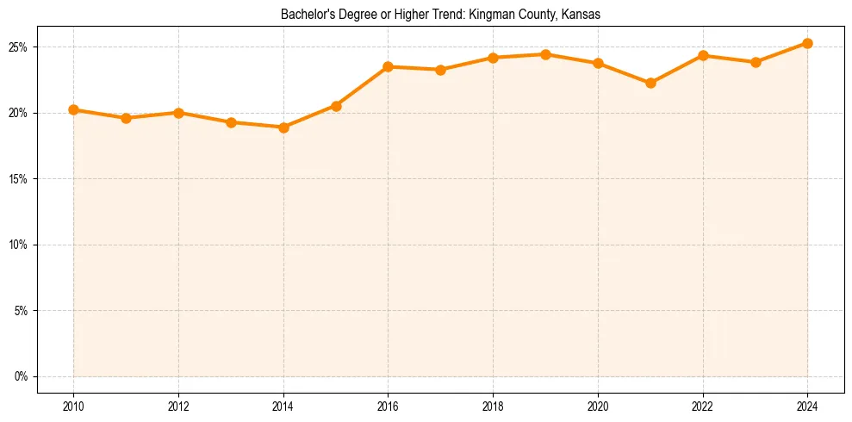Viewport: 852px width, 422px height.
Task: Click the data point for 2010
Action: click(73, 110)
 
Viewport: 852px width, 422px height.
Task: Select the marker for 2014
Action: click(283, 127)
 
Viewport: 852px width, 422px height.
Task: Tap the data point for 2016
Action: click(388, 66)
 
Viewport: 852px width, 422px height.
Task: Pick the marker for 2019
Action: click(545, 54)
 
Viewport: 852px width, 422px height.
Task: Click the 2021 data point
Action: click(650, 83)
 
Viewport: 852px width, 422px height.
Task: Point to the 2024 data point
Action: click(807, 43)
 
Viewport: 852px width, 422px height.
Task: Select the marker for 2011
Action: click(126, 118)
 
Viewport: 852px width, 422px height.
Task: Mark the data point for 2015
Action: click(336, 106)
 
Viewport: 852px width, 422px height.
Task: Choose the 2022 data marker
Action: click(703, 55)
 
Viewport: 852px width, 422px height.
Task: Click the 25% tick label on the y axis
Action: click(20, 47)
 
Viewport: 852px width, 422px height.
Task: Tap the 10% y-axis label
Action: click(20, 245)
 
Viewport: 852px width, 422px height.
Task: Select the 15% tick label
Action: click(20, 179)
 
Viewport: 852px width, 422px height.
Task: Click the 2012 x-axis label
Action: click(178, 406)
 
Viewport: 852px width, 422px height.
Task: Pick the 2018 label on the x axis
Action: click(493, 406)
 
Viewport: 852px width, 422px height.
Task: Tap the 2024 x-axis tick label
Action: click(807, 406)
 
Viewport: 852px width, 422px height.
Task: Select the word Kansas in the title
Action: click(581, 15)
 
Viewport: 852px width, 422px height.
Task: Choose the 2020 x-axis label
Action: click(598, 406)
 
